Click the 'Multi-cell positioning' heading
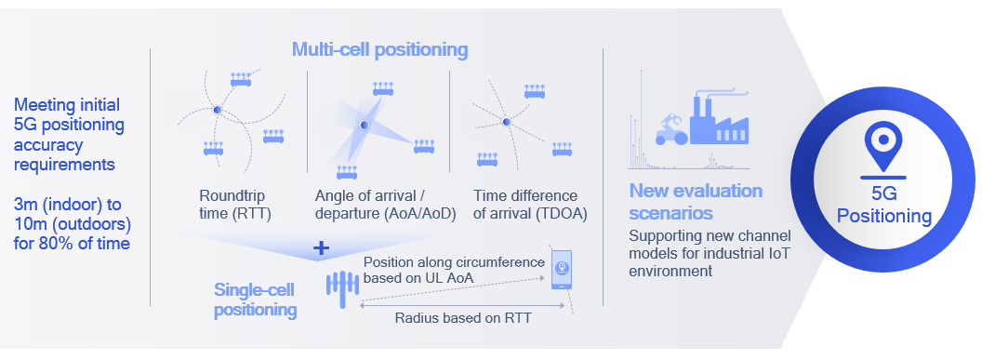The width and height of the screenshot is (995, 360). (379, 48)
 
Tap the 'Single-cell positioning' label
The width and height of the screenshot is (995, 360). (255, 300)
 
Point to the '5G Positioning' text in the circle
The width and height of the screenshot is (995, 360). (883, 206)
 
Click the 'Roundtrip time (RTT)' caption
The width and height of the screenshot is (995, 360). (233, 205)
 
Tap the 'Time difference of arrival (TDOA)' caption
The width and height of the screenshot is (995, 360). (524, 205)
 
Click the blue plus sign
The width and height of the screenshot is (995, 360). (322, 248)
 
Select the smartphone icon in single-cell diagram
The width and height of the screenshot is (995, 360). (561, 270)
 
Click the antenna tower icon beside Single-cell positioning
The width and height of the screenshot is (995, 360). (341, 286)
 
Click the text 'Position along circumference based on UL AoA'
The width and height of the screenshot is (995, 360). (453, 270)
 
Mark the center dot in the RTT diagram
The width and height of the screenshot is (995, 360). (217, 111)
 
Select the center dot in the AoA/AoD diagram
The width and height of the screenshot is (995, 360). (365, 125)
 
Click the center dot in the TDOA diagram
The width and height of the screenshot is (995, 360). (506, 121)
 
